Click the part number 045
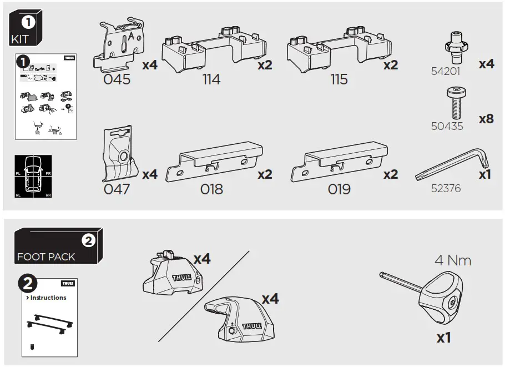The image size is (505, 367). click(x=117, y=79)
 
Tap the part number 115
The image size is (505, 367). click(x=339, y=79)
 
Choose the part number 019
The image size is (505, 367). click(x=339, y=189)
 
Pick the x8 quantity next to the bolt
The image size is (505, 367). click(x=486, y=119)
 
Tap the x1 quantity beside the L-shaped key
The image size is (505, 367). click(x=486, y=174)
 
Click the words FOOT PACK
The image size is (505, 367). click(x=46, y=257)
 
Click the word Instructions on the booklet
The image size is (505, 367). click(x=48, y=298)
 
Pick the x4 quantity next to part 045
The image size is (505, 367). click(x=150, y=66)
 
